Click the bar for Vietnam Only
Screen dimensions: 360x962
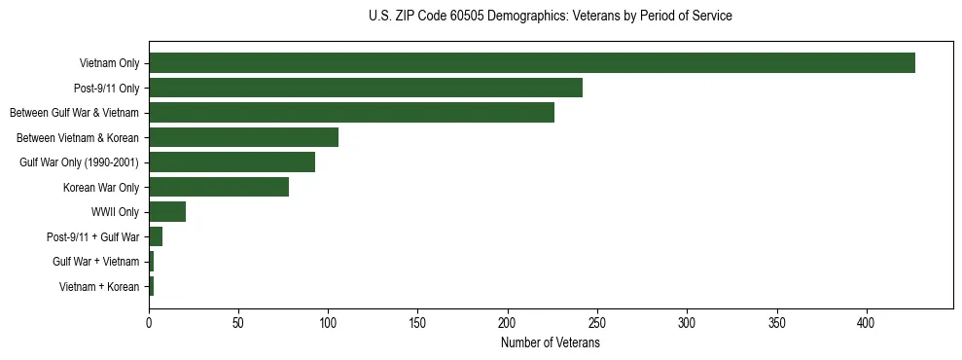pyautogui.click(x=532, y=63)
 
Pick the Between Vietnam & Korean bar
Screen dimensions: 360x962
pyautogui.click(x=243, y=137)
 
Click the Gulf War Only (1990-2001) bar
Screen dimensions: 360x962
pyautogui.click(x=232, y=162)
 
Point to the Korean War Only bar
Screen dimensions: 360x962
pyautogui.click(x=219, y=187)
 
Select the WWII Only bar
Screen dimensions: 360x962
pyautogui.click(x=167, y=212)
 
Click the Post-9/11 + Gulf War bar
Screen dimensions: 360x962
pyautogui.click(x=156, y=236)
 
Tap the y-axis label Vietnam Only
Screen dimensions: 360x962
pyautogui.click(x=109, y=64)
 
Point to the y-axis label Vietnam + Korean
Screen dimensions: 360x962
pyautogui.click(x=99, y=287)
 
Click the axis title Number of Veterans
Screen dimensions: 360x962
pyautogui.click(x=550, y=342)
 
